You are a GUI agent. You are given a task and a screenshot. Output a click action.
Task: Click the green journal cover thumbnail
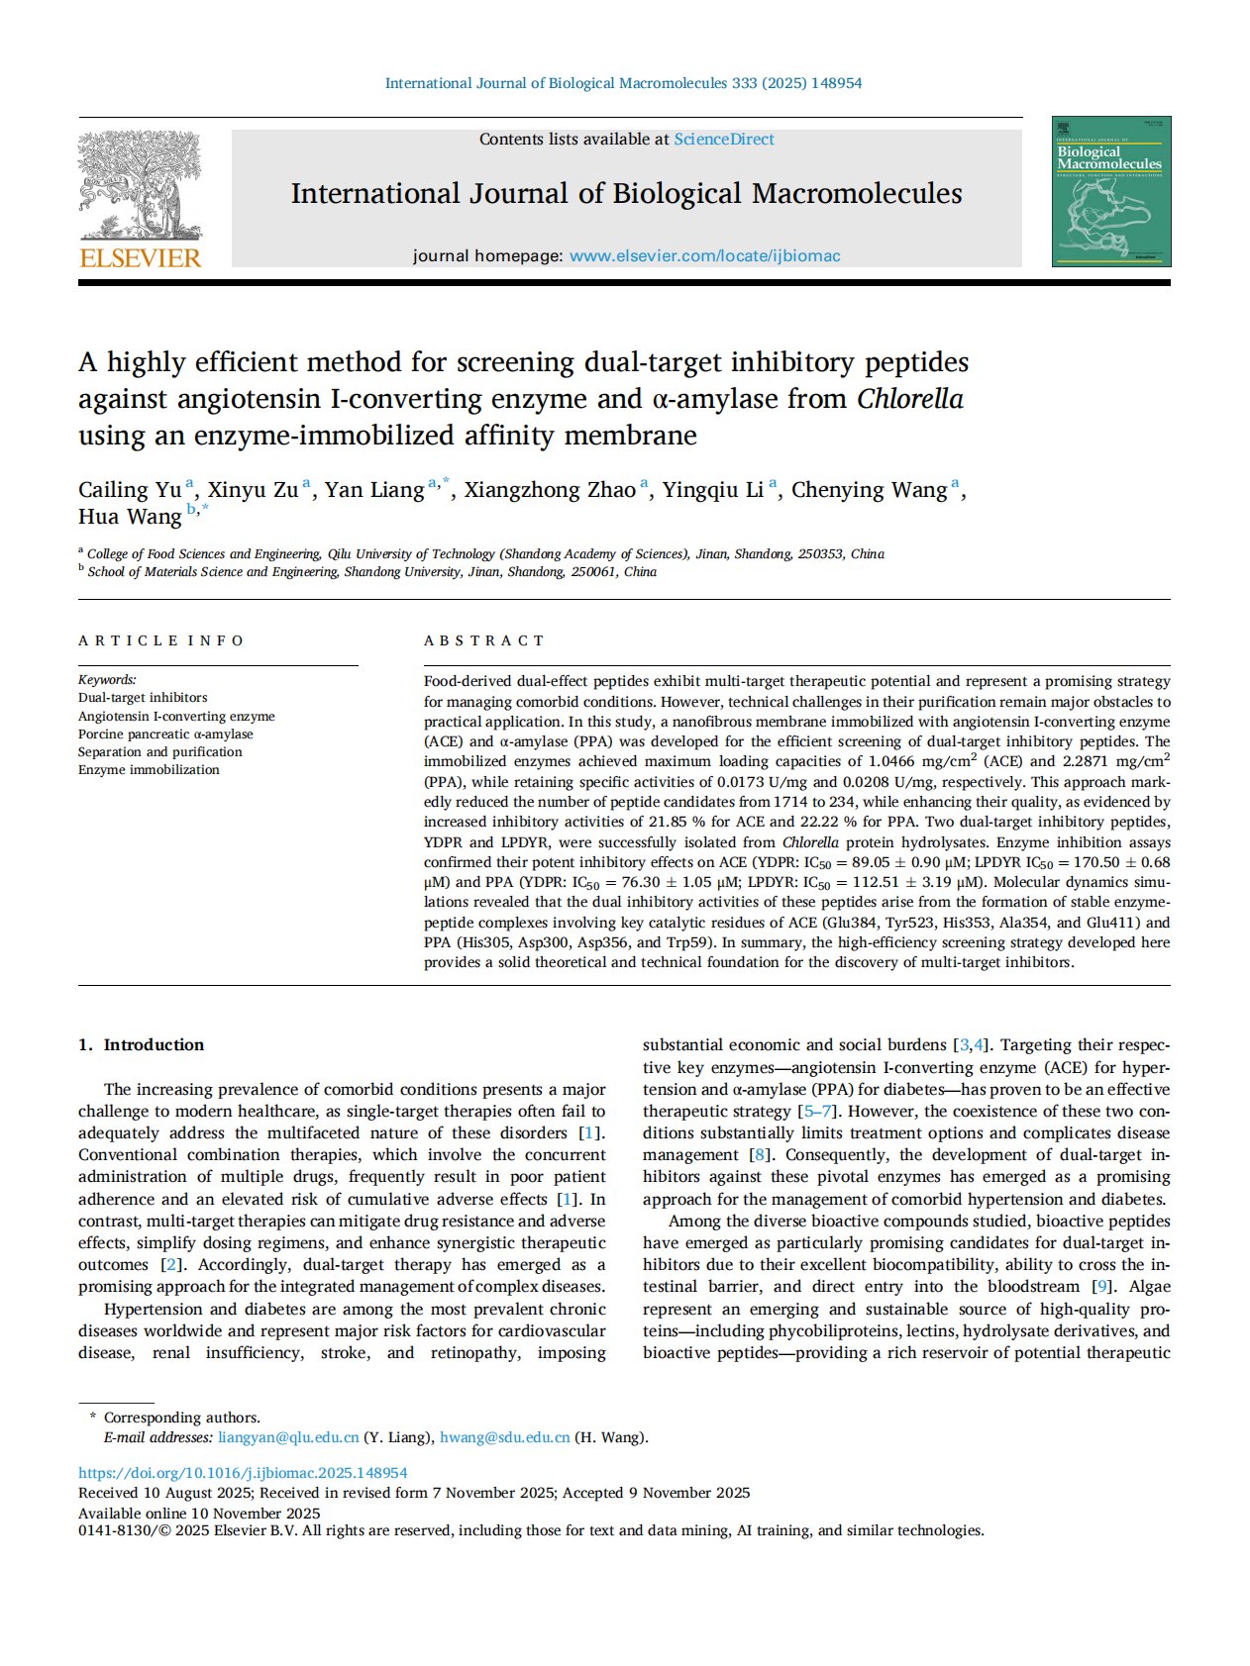[x=1110, y=191]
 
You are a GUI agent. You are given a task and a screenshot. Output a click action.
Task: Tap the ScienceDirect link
[x=724, y=140]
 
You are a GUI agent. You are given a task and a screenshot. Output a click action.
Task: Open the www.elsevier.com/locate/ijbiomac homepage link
[x=704, y=256]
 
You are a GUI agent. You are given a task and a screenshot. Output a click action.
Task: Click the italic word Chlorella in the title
[x=909, y=399]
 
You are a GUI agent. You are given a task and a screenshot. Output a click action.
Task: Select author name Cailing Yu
[x=130, y=490]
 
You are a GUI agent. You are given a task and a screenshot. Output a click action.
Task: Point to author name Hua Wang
[x=130, y=517]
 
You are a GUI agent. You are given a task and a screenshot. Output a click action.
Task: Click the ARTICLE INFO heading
[x=160, y=641]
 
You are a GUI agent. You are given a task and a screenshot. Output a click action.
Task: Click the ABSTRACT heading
[x=484, y=641]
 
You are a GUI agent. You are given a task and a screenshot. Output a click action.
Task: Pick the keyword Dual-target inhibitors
[x=143, y=698]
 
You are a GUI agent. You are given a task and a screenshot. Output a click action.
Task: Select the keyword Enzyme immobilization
[x=149, y=770]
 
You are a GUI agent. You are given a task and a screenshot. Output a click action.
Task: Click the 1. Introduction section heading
[x=141, y=1045]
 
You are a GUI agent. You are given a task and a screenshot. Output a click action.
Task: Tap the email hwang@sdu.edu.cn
[x=504, y=1437]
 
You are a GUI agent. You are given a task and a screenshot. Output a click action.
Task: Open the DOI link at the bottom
[x=243, y=1473]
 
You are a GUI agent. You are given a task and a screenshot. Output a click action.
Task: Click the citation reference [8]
[x=760, y=1155]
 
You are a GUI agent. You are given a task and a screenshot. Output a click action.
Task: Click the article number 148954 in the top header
[x=836, y=84]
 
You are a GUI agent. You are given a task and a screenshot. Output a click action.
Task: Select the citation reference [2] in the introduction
[x=171, y=1265]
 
